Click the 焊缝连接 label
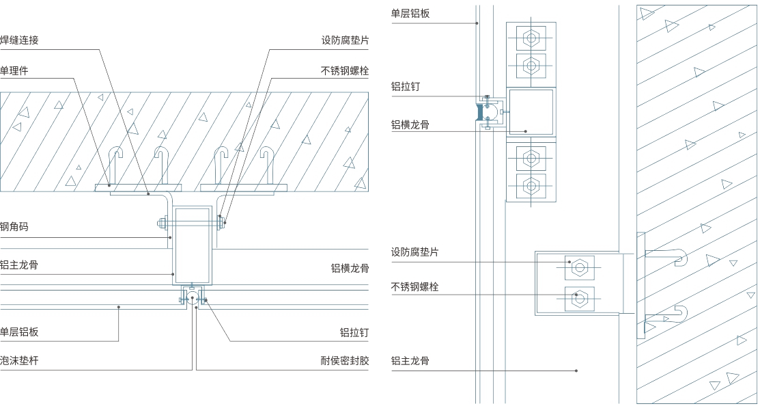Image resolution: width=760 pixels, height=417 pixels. tap(20, 40)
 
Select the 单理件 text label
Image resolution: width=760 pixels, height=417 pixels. tap(14, 71)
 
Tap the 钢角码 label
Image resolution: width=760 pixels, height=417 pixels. tap(14, 227)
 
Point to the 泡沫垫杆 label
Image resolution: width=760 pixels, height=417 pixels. tap(20, 360)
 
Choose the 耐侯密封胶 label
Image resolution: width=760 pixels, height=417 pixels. tap(345, 360)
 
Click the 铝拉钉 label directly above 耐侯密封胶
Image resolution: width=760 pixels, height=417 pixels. tap(354, 332)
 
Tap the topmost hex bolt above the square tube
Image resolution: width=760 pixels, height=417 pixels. tap(531, 36)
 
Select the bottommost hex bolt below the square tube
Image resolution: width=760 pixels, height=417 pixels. tap(531, 185)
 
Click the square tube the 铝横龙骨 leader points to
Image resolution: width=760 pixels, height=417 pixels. tap(531, 111)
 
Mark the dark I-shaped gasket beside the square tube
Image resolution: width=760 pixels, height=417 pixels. tap(480, 111)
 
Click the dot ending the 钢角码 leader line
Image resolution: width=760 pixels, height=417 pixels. tap(170, 238)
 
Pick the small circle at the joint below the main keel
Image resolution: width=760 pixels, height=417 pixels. tap(194, 297)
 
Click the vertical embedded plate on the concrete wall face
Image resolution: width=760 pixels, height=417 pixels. tap(641, 284)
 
